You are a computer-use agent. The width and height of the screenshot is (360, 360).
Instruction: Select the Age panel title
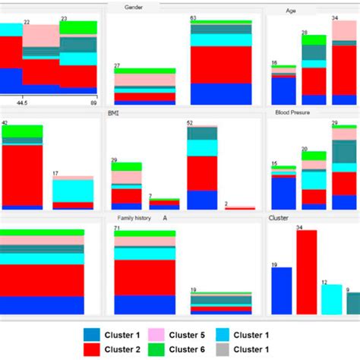(x=291, y=11)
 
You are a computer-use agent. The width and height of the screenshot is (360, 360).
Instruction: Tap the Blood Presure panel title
(x=292, y=112)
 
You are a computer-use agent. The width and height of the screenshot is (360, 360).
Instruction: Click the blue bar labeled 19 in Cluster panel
(x=281, y=290)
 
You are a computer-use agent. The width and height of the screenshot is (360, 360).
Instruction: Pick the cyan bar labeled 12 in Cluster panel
(x=331, y=298)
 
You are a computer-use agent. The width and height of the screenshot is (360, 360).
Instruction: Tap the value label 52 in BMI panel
(x=190, y=122)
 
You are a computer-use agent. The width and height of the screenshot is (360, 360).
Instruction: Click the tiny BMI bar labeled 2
(x=240, y=207)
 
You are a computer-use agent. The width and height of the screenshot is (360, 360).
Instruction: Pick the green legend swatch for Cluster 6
(x=157, y=349)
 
